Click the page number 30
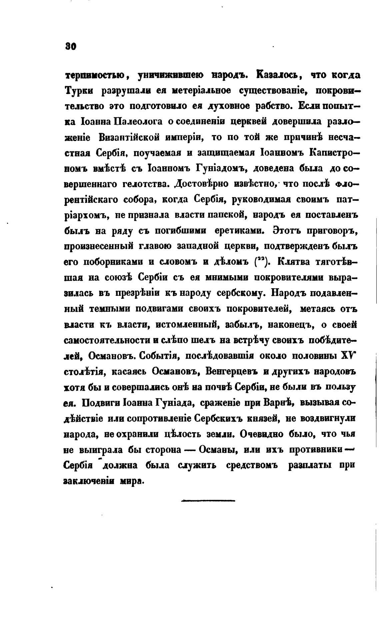(71, 47)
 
